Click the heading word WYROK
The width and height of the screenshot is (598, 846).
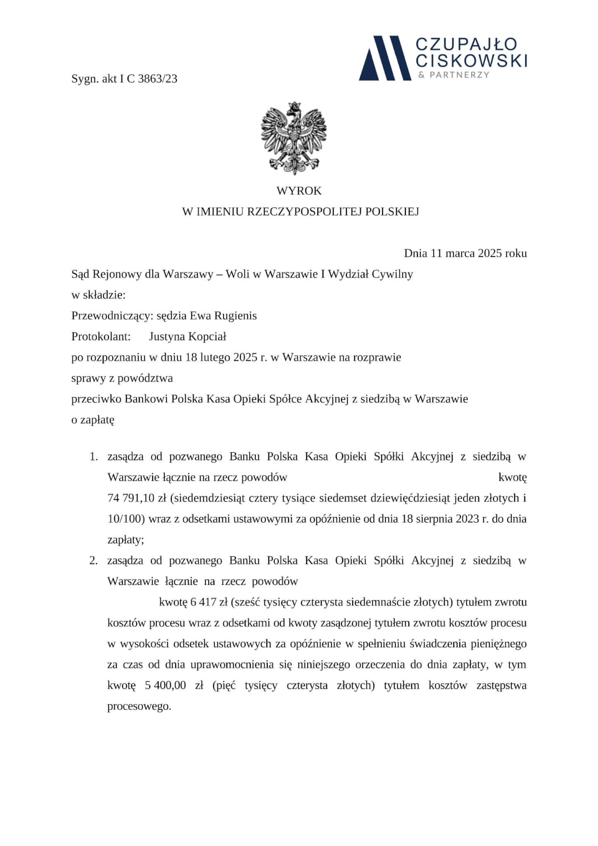tap(299, 191)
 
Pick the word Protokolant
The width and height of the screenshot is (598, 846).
tap(101, 337)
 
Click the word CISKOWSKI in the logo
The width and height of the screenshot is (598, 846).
tap(471, 61)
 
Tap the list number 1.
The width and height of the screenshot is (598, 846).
tap(94, 457)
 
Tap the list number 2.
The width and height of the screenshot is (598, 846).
tap(94, 561)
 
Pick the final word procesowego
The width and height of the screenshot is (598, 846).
tap(139, 706)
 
